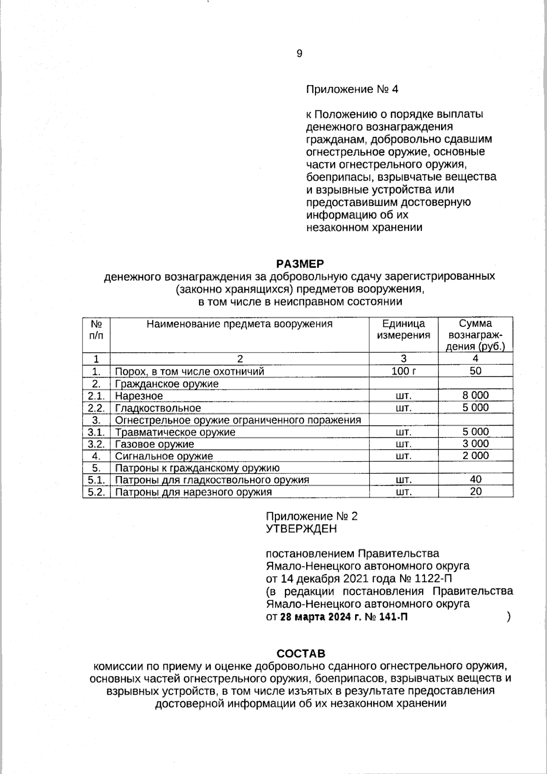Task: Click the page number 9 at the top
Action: [299, 54]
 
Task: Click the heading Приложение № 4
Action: [351, 89]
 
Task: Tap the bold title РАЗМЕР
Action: [300, 264]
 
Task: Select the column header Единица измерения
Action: [403, 329]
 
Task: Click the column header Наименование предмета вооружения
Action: [239, 324]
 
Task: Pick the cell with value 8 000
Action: [475, 395]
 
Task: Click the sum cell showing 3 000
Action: [475, 444]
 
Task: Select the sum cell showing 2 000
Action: [475, 456]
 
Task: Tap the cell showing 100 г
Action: [403, 371]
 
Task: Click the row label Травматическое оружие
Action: [175, 432]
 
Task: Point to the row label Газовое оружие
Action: [155, 444]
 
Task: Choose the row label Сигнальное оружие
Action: [164, 456]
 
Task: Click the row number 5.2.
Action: [96, 492]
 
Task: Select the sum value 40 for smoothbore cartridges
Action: [475, 479]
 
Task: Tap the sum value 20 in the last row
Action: [475, 492]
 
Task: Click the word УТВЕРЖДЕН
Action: [301, 529]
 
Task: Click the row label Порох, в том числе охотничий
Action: [189, 371]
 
